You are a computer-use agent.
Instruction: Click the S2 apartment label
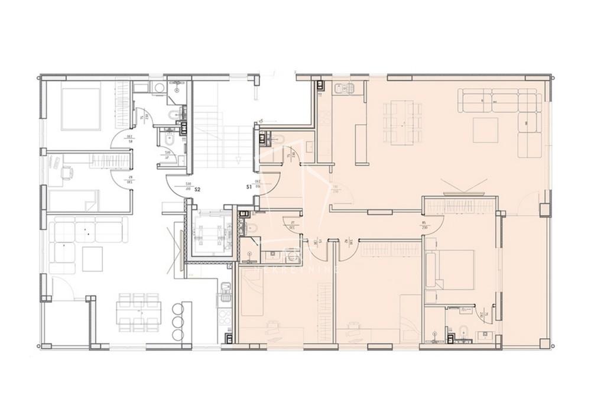tap(198, 190)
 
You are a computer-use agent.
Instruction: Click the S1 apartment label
tap(249, 187)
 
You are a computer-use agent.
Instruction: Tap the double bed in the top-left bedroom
tap(81, 109)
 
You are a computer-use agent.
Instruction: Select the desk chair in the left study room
tap(66, 172)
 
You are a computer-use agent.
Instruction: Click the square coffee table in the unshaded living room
tap(92, 258)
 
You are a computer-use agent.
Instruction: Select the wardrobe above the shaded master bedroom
tap(459, 206)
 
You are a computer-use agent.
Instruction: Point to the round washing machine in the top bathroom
tap(157, 89)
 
